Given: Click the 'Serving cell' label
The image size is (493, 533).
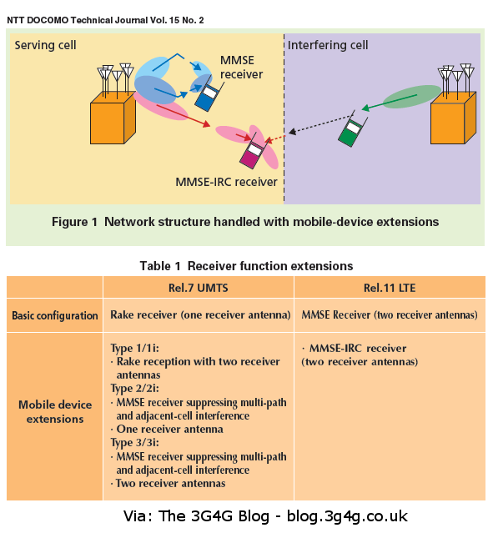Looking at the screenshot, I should coord(46,44).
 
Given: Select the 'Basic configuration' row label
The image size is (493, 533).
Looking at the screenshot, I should coord(54,316).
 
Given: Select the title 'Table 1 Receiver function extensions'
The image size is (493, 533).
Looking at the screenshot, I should coord(245,266).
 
